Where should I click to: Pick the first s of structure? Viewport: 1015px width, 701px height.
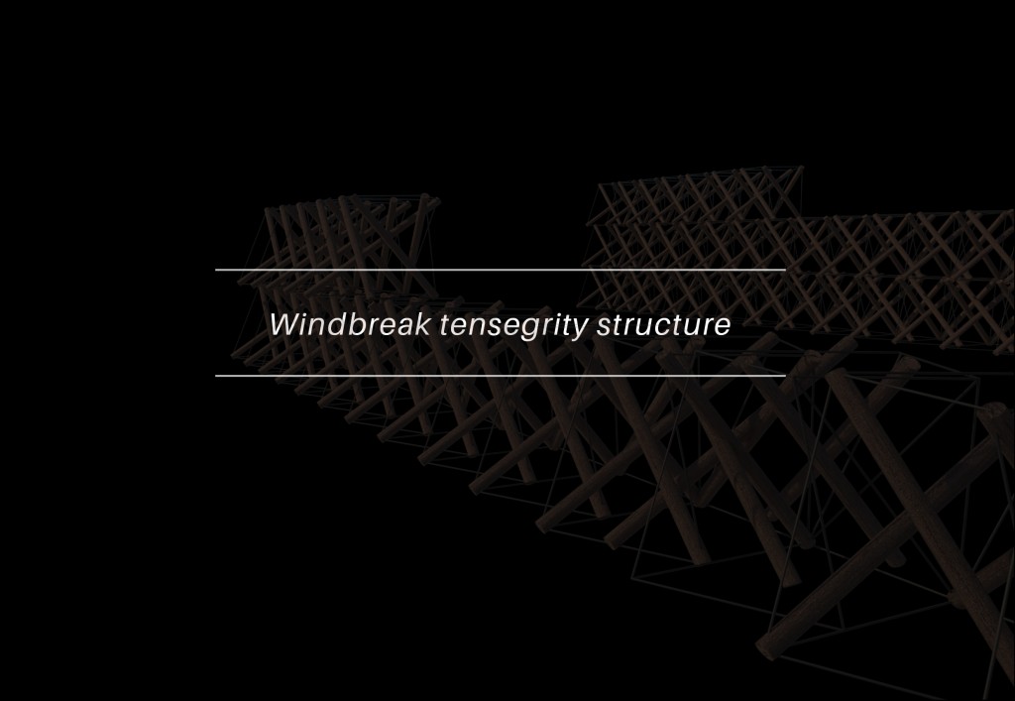tap(606, 327)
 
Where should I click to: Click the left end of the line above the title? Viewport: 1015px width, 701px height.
tap(217, 270)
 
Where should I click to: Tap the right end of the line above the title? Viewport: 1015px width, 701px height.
tap(784, 270)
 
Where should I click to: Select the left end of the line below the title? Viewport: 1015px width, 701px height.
tap(217, 376)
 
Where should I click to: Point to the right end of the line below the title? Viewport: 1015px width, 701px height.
tap(784, 376)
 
